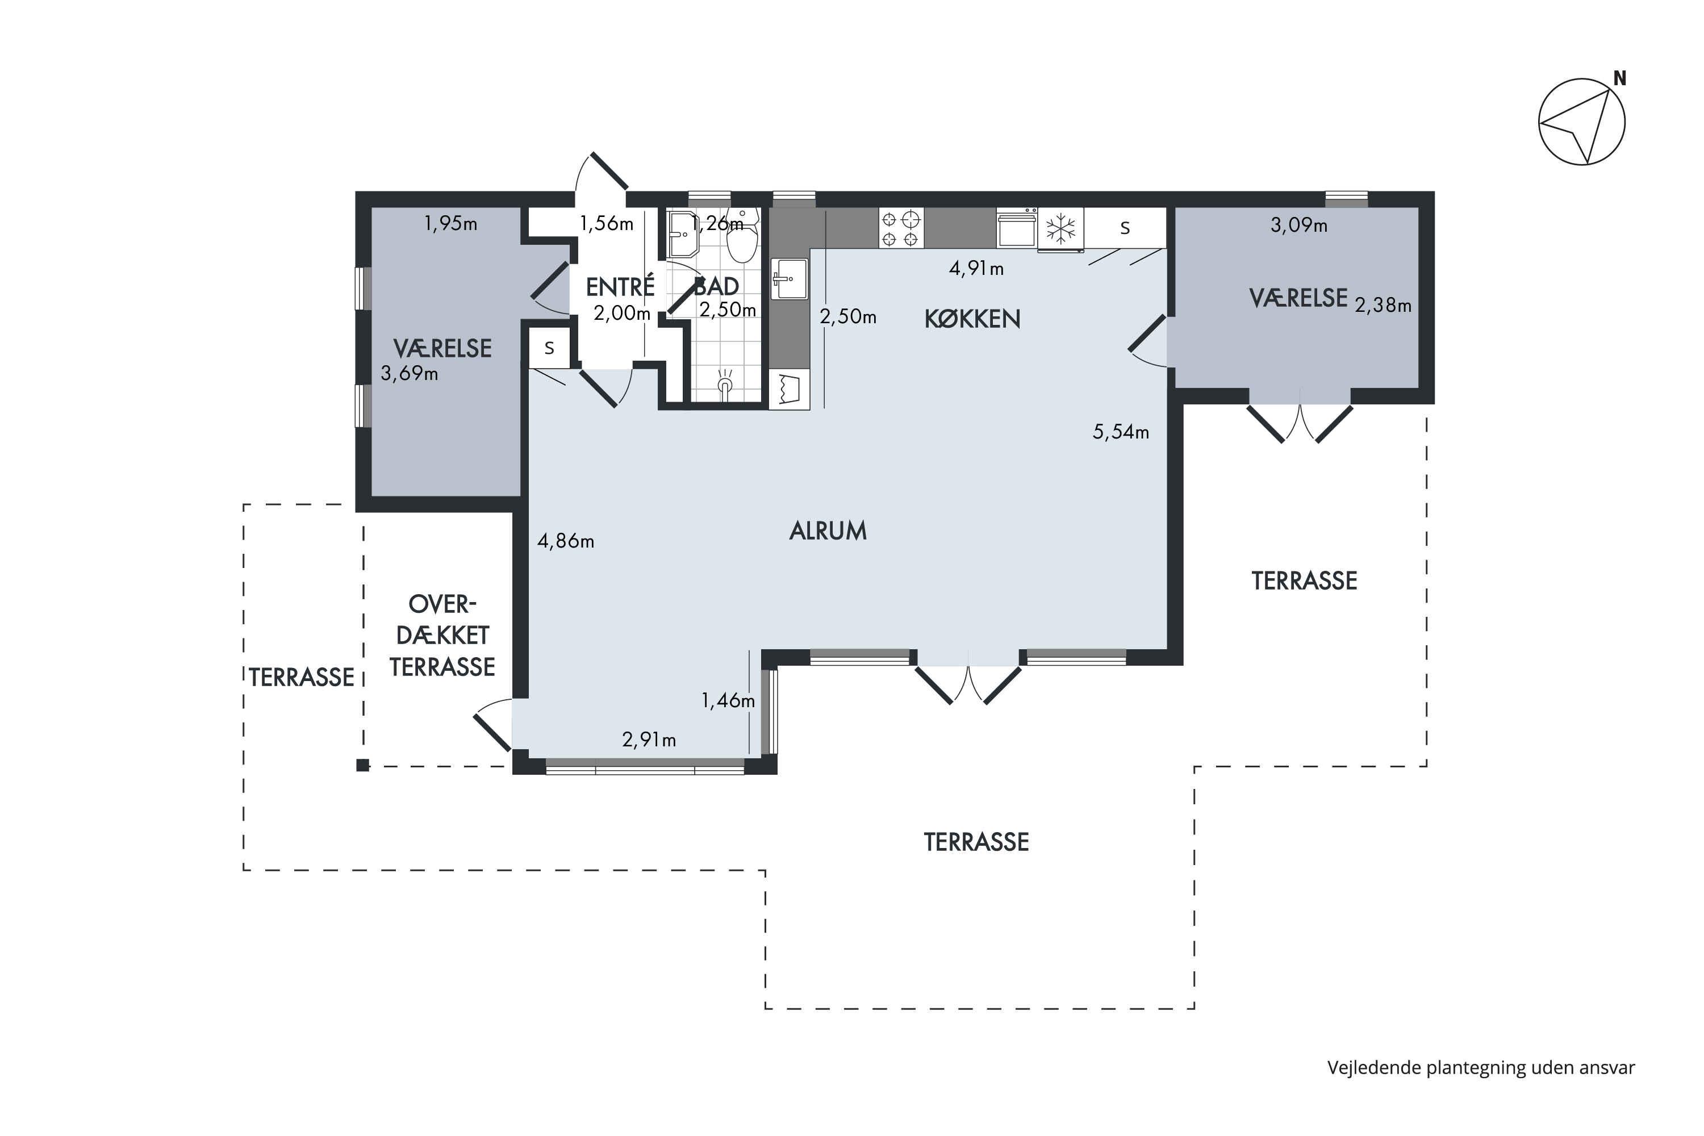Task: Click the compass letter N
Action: tap(1619, 78)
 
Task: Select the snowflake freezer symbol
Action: tap(1062, 228)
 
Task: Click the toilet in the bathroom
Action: tap(742, 236)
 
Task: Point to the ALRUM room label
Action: tap(828, 531)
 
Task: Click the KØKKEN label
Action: tap(972, 319)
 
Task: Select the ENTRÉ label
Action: tap(620, 286)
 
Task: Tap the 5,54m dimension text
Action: tap(1121, 432)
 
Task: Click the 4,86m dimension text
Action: tap(566, 541)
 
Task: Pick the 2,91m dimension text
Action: tap(649, 739)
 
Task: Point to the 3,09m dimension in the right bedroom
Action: tap(1299, 225)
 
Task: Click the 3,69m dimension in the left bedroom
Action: tap(410, 374)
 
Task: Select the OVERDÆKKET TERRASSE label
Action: tap(442, 636)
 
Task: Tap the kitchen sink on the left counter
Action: tap(789, 279)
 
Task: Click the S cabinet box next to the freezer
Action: tap(1125, 228)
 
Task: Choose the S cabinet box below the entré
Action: tap(549, 349)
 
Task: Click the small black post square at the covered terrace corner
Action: tap(363, 765)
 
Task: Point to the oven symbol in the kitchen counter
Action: tap(1017, 228)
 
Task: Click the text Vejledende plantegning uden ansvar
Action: tap(1481, 1068)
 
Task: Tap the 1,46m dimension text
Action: tap(728, 700)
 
